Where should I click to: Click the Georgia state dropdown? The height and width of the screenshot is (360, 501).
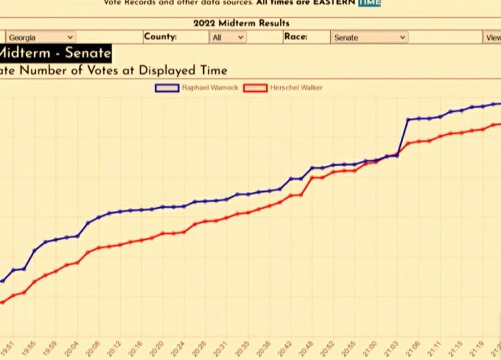click(x=40, y=38)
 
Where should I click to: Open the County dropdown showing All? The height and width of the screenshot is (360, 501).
click(x=228, y=38)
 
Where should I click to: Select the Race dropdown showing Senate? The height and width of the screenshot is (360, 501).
click(x=369, y=38)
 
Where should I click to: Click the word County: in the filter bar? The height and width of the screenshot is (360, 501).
click(x=160, y=37)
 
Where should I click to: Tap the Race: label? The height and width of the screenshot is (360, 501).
click(x=295, y=37)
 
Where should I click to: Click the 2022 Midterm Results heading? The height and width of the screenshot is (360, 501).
click(x=241, y=23)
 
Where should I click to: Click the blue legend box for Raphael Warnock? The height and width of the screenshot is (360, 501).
click(x=166, y=88)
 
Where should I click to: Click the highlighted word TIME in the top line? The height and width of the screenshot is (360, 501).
click(x=369, y=2)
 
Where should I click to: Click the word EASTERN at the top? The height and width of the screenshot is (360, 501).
click(x=335, y=2)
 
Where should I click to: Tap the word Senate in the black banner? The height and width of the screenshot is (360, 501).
click(x=88, y=52)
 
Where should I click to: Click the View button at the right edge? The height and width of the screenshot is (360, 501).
click(x=493, y=38)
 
